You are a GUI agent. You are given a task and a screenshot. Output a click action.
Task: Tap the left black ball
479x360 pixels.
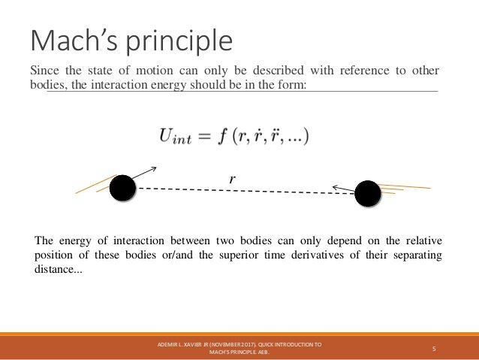(122, 188)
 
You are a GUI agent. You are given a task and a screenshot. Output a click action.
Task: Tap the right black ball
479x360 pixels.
(368, 194)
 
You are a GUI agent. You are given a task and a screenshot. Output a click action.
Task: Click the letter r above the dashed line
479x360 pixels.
(233, 179)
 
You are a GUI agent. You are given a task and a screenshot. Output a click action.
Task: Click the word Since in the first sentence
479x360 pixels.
(44, 71)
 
